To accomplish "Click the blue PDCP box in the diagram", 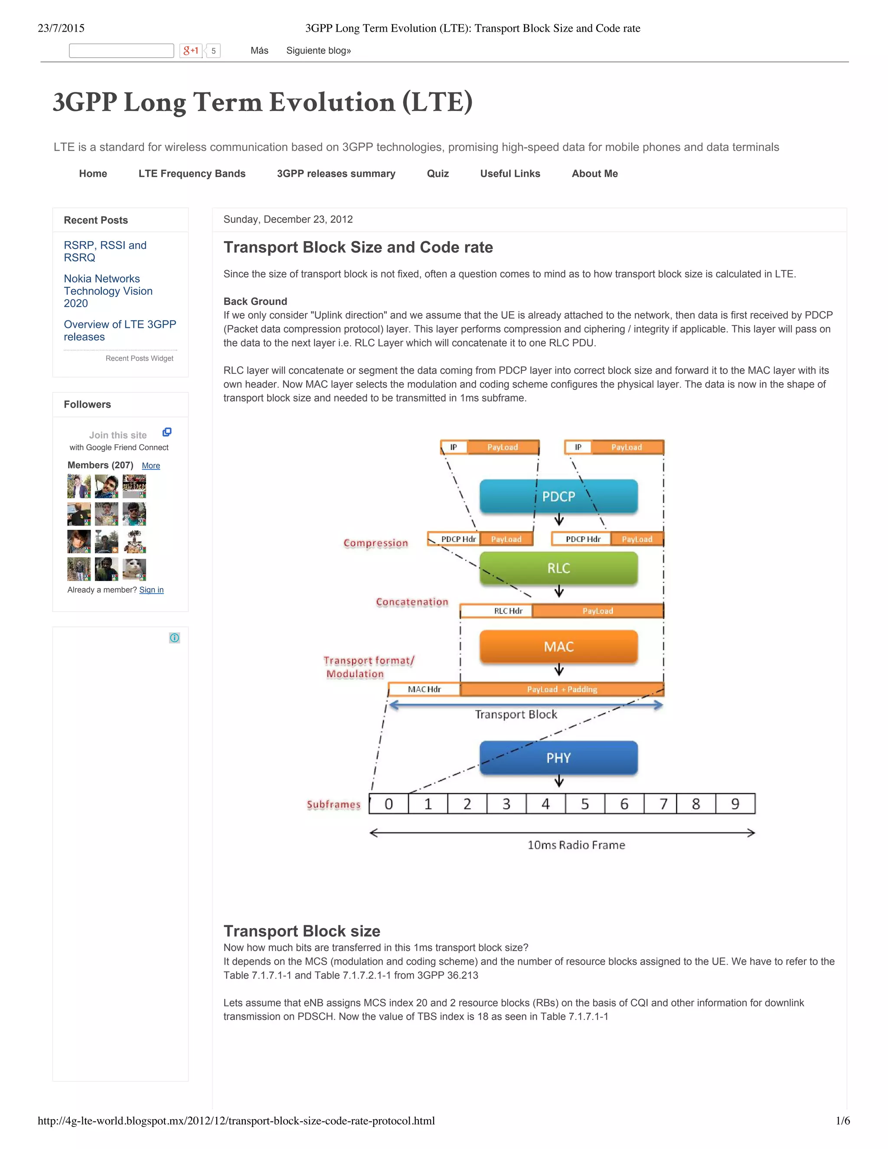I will click(x=558, y=496).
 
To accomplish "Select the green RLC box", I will click(x=558, y=568).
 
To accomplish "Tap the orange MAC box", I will click(x=558, y=646).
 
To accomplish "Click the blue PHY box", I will click(x=558, y=757).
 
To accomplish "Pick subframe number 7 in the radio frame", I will click(x=663, y=804).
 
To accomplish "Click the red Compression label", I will click(x=375, y=543).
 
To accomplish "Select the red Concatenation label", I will click(x=412, y=602).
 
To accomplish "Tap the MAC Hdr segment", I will click(x=424, y=689).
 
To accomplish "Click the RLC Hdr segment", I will click(x=508, y=611).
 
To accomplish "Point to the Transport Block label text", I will click(x=516, y=715).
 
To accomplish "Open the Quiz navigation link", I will click(x=437, y=173).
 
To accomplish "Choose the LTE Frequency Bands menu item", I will click(x=192, y=173).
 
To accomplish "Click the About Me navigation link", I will click(x=594, y=173).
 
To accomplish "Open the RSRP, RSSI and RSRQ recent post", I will click(x=104, y=251).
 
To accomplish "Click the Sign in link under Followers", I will click(x=151, y=590).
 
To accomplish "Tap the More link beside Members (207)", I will click(x=151, y=466).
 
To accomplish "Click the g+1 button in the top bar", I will click(x=191, y=50).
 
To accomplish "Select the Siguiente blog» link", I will click(x=318, y=50).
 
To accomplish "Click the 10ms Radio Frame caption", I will click(x=576, y=845).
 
